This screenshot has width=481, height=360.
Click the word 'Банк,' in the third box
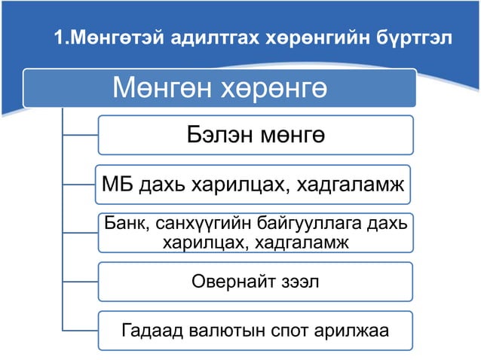pos(124,224)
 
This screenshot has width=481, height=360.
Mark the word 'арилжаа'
pos(349,331)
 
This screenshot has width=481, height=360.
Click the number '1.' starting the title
pos(64,38)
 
